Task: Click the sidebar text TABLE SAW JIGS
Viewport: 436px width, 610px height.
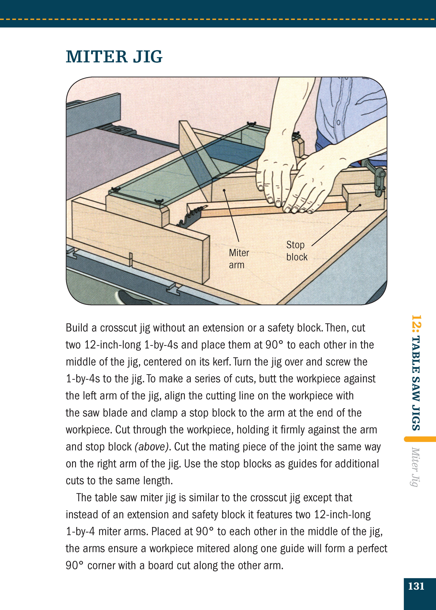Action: coord(416,383)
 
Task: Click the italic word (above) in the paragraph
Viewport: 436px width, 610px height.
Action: coord(152,447)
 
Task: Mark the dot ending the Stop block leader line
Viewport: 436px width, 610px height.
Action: coord(360,205)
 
